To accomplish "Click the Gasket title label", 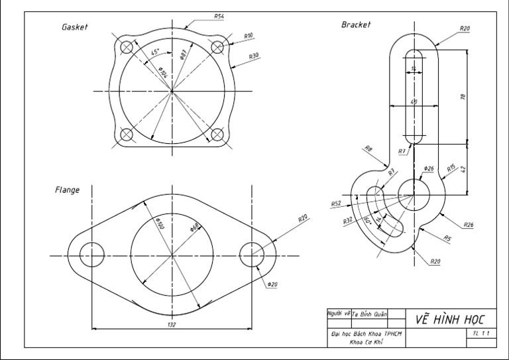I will coord(75,27).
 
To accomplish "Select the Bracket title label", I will coord(356,25).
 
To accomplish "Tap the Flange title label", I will coord(67,190).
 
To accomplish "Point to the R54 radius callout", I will coord(219,16).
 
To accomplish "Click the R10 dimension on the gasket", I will coord(249,35).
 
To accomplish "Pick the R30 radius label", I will coord(254,56).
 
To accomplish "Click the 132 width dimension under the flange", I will coord(172,324).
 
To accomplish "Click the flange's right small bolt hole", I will coord(252,255).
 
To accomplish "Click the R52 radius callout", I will coord(336,204).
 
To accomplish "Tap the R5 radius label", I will coord(447,239).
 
